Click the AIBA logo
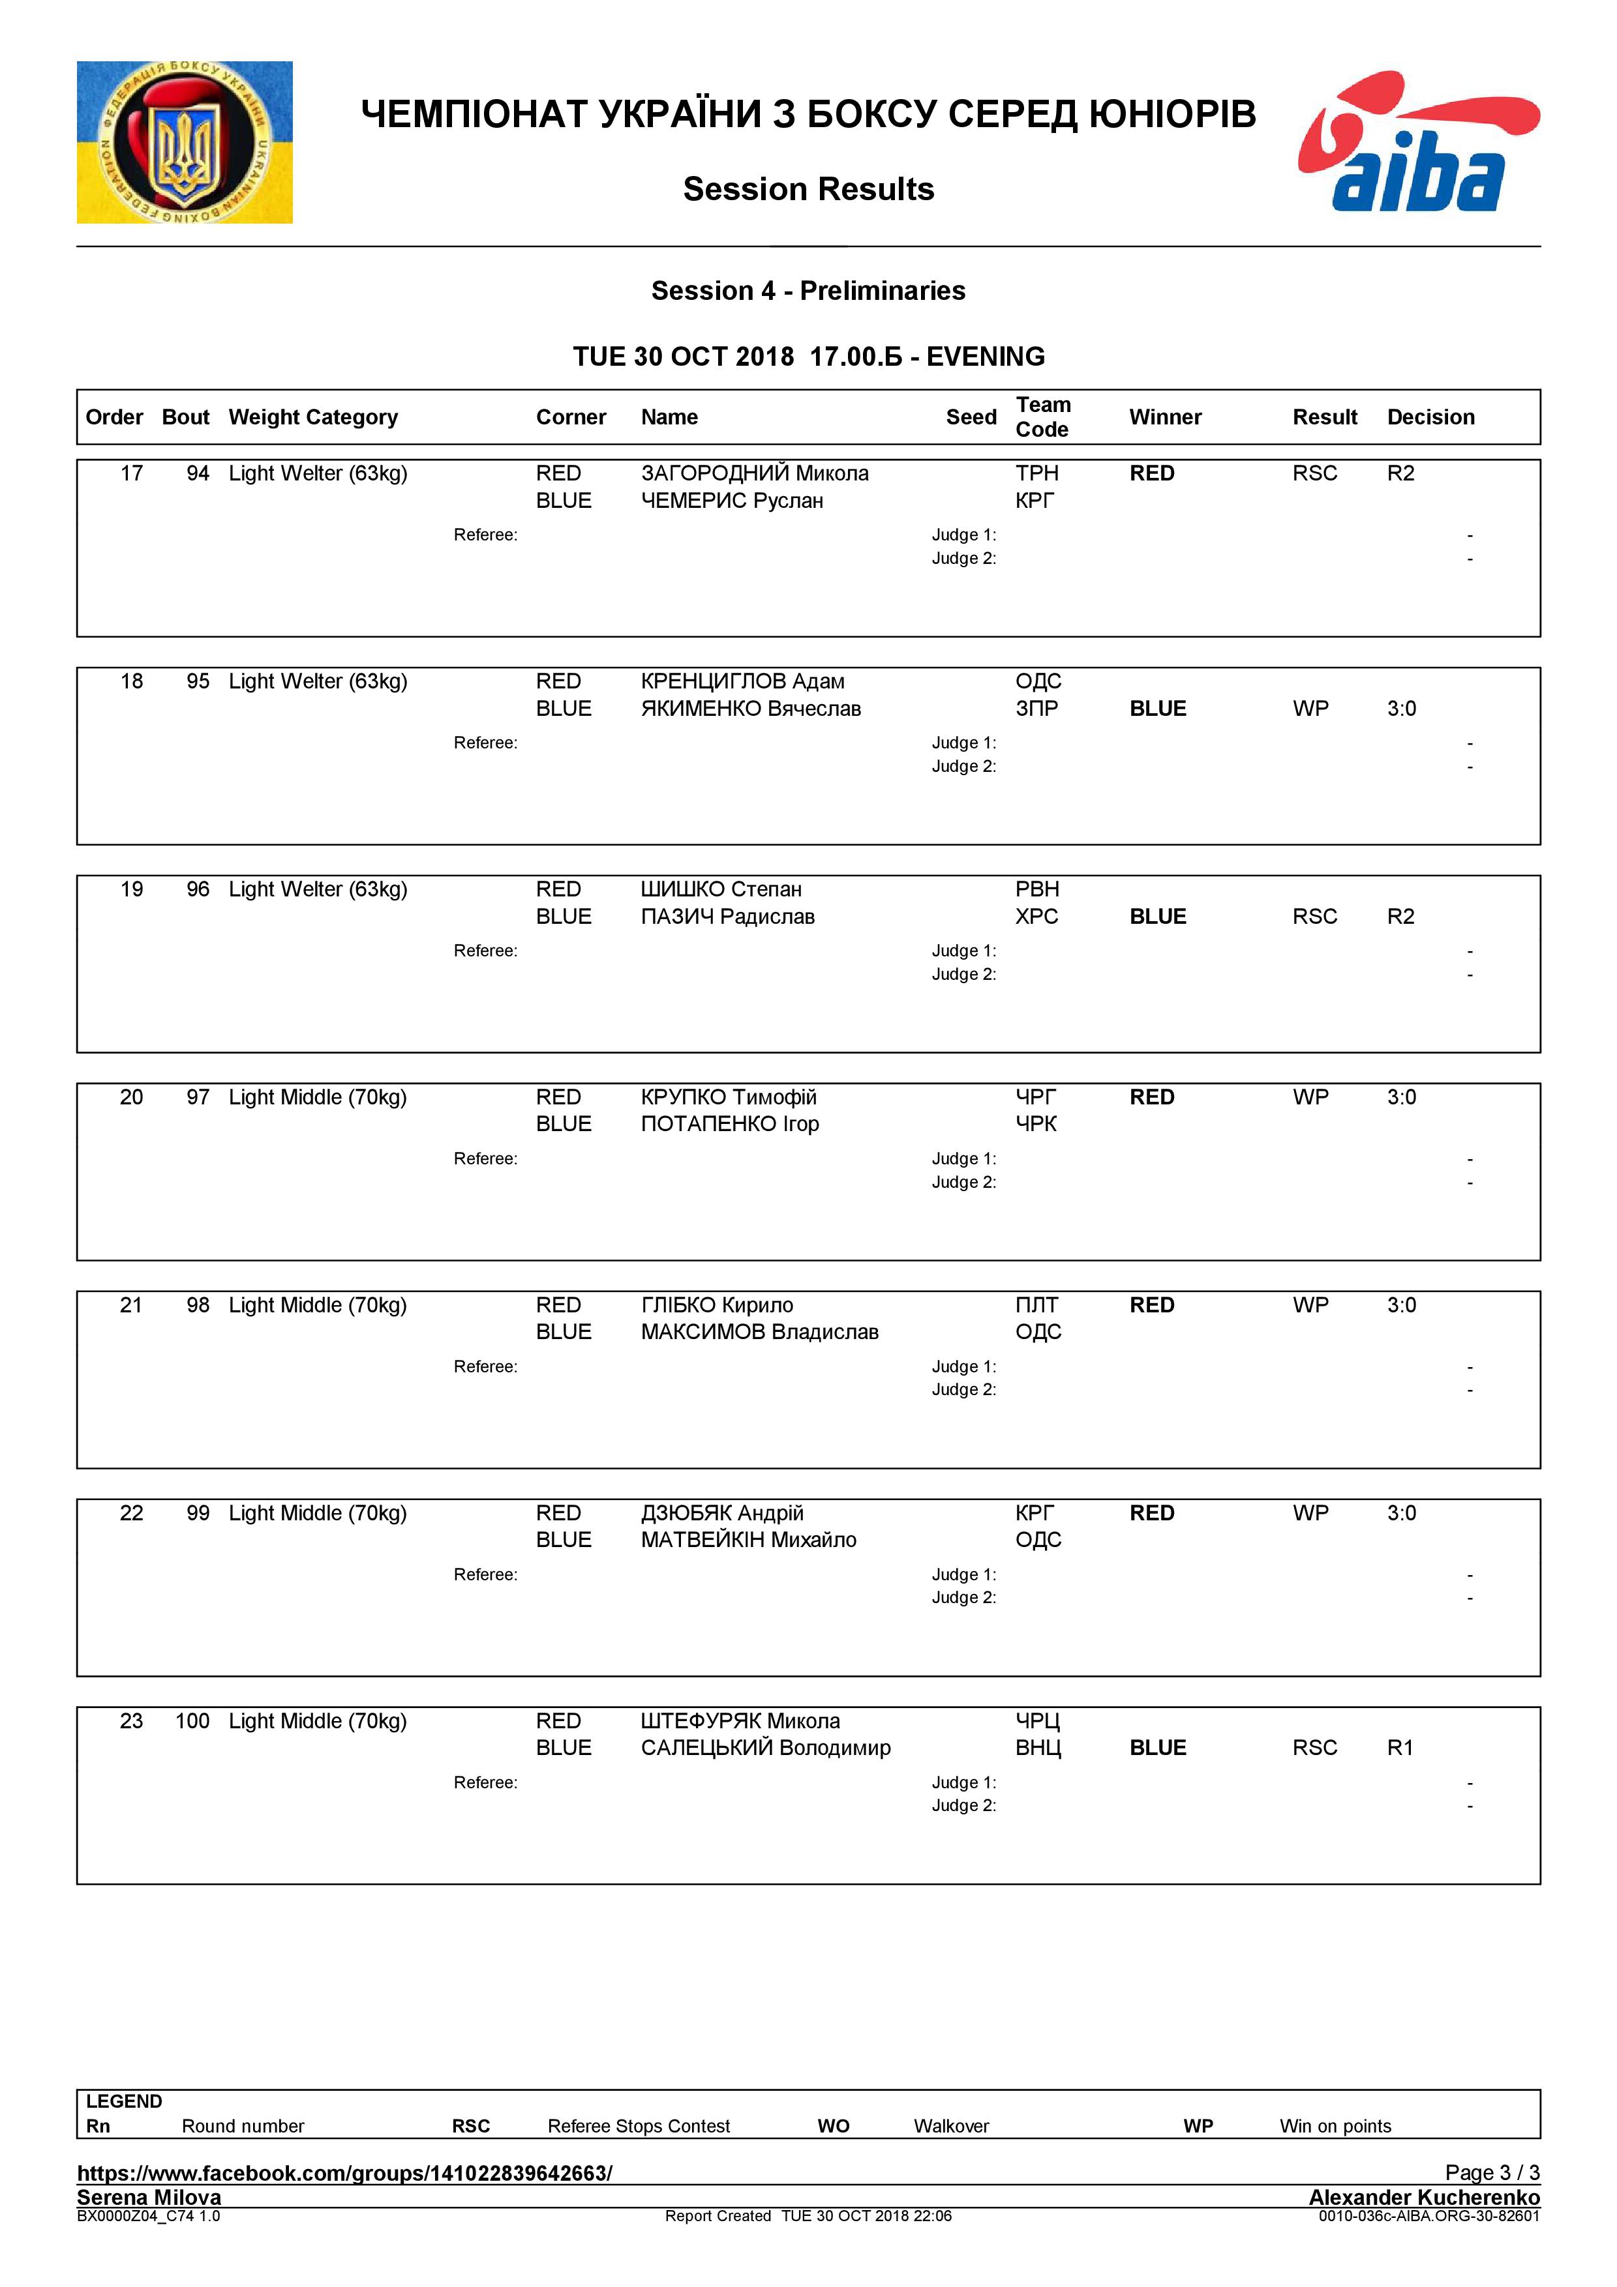1418,142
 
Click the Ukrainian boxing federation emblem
185,142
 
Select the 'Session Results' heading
808,189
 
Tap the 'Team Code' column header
1042,417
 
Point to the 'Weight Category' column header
313,417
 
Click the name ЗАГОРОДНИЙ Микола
754,473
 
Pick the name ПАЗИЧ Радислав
727,917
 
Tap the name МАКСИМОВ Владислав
759,1332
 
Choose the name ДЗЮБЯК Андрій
721,1513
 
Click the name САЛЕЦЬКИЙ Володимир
765,1747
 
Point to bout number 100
192,1721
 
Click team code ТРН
1036,473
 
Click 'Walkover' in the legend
950,2125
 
